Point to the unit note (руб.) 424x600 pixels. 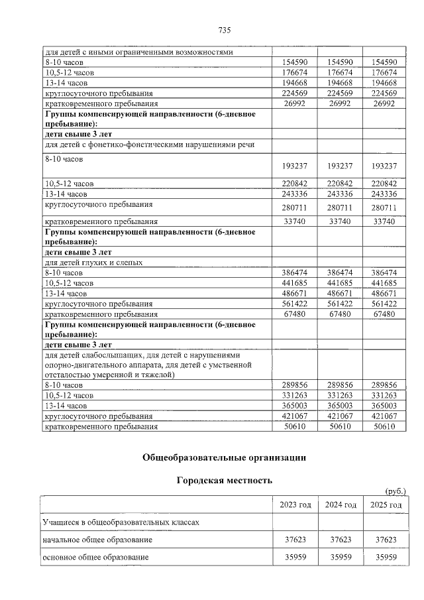point(395,491)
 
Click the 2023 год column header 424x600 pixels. point(295,505)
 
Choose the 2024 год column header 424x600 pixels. point(341,505)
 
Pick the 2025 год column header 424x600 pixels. point(384,505)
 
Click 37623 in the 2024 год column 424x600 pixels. point(341,540)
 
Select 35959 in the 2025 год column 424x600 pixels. point(384,558)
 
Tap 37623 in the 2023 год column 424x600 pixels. point(295,540)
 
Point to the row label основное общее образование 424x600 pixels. point(95,558)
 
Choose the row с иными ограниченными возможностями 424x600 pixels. point(139,52)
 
